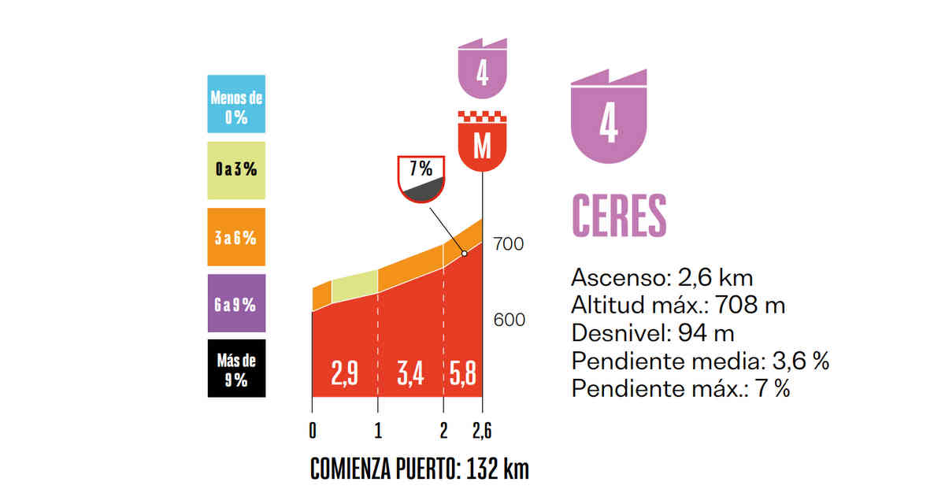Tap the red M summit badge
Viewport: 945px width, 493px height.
[482, 142]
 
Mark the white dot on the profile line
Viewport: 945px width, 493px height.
[464, 254]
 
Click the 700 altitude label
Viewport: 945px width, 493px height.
[509, 245]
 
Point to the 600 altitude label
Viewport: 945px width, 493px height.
[509, 321]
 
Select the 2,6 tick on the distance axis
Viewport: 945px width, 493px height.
[482, 431]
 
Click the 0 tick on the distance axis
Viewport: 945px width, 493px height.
[313, 431]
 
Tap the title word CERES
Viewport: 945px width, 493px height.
[619, 214]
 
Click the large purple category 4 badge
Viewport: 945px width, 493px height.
[608, 118]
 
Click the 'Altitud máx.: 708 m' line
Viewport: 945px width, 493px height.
[678, 305]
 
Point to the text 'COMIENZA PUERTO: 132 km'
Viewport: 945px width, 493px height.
[420, 469]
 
